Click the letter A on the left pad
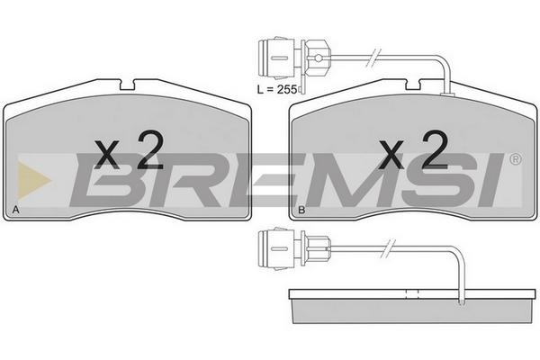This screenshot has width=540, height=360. coord(15,210)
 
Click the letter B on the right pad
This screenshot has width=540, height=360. coord(301,210)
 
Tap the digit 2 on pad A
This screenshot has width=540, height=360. coord(150,150)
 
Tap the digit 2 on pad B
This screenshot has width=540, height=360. coord(435,150)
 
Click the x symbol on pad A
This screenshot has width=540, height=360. coord(107,154)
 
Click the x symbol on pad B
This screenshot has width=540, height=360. coord(391,154)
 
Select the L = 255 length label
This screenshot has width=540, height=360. coord(277,90)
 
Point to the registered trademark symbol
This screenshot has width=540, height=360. coord(515,159)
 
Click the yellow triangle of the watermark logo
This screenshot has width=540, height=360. coord(33,180)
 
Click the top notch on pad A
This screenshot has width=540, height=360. coord(127,85)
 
